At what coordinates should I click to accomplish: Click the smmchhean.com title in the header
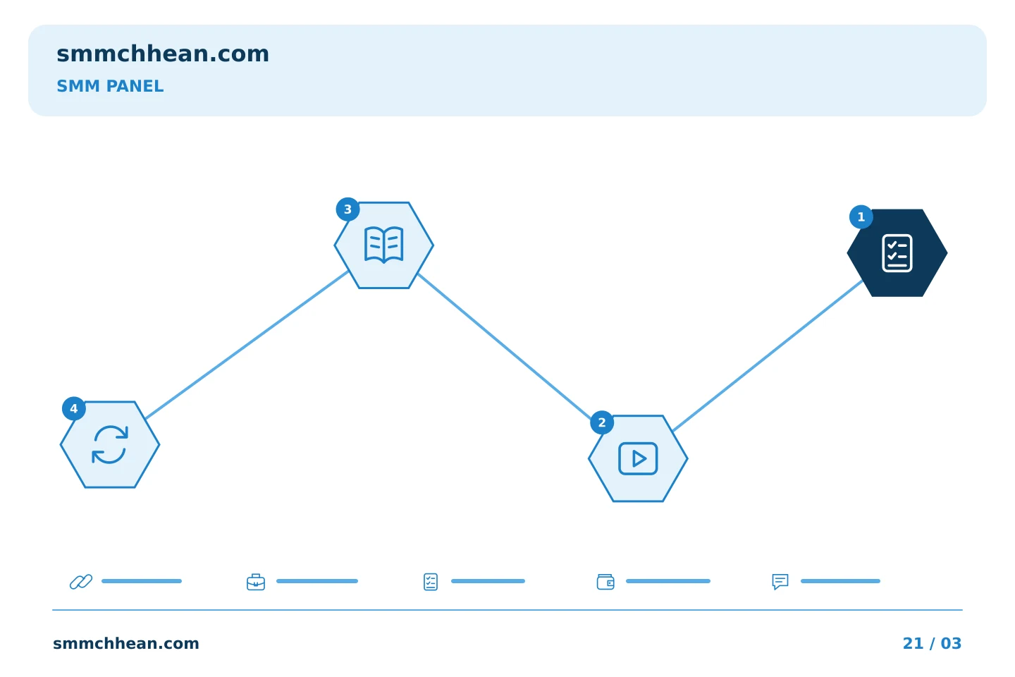pyautogui.click(x=163, y=54)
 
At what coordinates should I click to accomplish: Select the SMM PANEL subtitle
pyautogui.click(x=110, y=86)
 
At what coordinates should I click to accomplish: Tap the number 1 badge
pyautogui.click(x=861, y=216)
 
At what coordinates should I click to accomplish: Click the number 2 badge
pyautogui.click(x=602, y=422)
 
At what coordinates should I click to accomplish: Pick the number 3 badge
pyautogui.click(x=347, y=209)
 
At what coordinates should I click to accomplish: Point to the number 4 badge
pyautogui.click(x=74, y=408)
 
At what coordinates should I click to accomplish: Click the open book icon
pyautogui.click(x=383, y=245)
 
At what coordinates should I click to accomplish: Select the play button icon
pyautogui.click(x=638, y=458)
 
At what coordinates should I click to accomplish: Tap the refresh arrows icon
pyautogui.click(x=110, y=445)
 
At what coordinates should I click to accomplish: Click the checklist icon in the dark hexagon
pyautogui.click(x=897, y=253)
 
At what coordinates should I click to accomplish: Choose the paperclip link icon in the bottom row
pyautogui.click(x=81, y=581)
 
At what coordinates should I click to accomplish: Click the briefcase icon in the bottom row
pyautogui.click(x=256, y=582)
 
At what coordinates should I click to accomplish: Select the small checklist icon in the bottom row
pyautogui.click(x=431, y=582)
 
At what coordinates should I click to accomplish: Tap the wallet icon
pyautogui.click(x=605, y=582)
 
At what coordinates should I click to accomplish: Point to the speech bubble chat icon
pyautogui.click(x=780, y=582)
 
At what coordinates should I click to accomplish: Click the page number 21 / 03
pyautogui.click(x=932, y=643)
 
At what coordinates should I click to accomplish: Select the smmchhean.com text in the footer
pyautogui.click(x=126, y=643)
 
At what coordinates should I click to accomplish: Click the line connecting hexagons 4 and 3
pyautogui.click(x=247, y=345)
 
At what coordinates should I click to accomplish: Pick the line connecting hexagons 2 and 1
pyautogui.click(x=768, y=355)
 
